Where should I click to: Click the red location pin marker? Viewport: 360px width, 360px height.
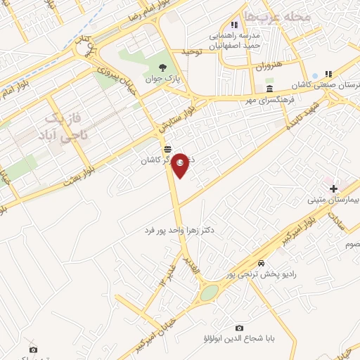point(180,165)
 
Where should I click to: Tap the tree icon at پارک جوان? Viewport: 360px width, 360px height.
point(163,67)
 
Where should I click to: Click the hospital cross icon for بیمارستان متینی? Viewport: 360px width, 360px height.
point(333,188)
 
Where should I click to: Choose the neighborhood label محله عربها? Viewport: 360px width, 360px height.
point(271,15)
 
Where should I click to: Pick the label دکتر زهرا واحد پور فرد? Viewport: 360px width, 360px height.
point(182,230)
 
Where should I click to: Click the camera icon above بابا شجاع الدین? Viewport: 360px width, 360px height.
point(239,328)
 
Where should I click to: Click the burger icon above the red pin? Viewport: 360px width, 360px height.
point(167,148)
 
